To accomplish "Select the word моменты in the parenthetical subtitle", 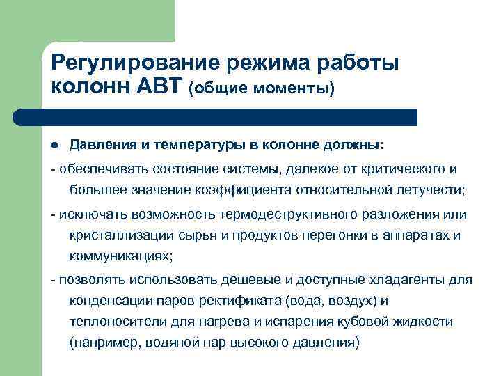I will (x=294, y=89).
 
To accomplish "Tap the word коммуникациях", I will (x=119, y=256).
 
